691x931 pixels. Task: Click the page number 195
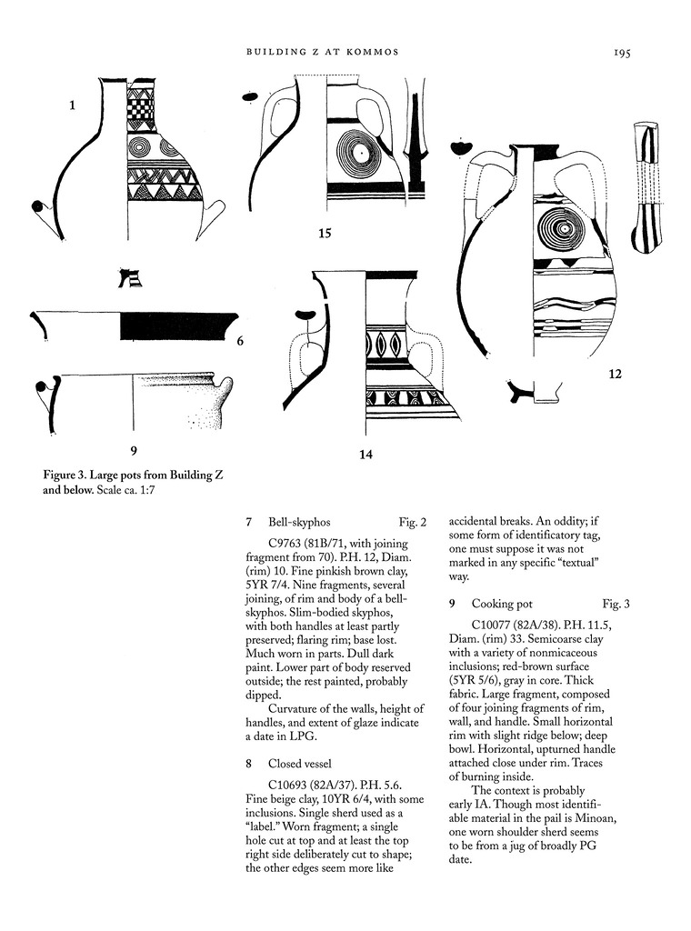coord(621,53)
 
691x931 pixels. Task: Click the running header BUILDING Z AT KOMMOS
coord(322,53)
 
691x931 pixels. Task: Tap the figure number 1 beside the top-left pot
coord(72,105)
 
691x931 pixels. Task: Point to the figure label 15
coord(325,234)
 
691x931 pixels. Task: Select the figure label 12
coord(615,373)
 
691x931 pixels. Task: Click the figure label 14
coord(365,455)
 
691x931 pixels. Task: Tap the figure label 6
coord(240,342)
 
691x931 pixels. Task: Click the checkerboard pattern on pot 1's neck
coord(139,110)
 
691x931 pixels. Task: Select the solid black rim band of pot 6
coord(177,325)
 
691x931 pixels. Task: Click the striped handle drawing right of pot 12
coord(647,186)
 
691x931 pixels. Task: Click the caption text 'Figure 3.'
coord(66,475)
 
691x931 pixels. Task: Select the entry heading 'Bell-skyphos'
coord(299,523)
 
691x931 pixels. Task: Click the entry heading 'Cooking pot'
coord(501,604)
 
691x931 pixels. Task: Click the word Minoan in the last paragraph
coord(592,818)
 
